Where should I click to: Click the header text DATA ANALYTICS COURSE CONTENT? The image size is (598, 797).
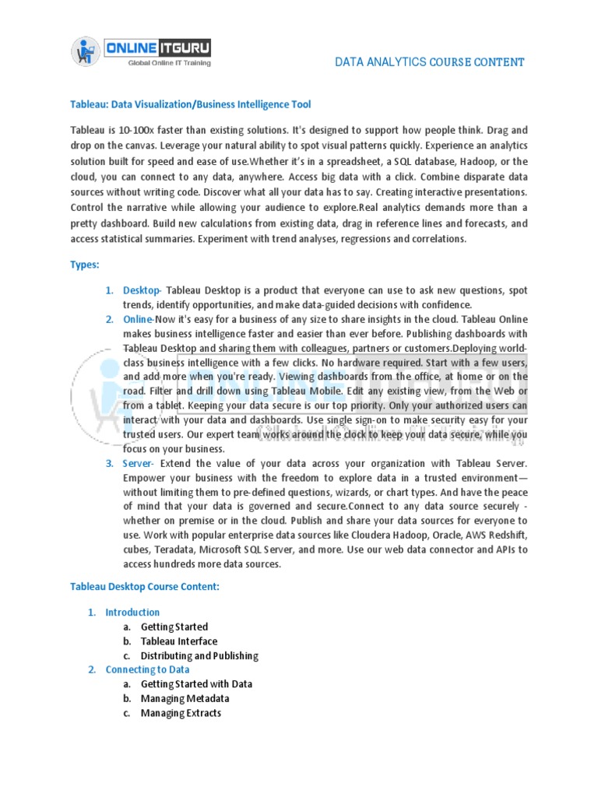(x=429, y=62)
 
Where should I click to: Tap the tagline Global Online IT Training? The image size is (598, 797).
(x=169, y=63)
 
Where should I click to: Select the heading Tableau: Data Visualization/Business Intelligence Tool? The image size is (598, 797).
(x=191, y=104)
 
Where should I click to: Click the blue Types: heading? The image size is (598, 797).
(x=85, y=265)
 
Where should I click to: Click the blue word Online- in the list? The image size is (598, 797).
(x=139, y=319)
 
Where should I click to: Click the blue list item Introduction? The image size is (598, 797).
(x=132, y=613)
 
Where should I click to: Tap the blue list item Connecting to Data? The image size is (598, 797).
(x=147, y=669)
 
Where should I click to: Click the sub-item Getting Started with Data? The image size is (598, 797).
(x=196, y=684)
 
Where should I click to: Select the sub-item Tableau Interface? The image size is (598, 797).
(x=179, y=641)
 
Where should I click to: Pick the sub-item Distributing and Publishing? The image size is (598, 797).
(x=199, y=656)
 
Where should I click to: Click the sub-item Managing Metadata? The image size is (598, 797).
(x=185, y=699)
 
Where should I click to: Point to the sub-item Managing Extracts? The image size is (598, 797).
(x=181, y=713)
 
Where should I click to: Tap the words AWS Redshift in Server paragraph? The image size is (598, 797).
(x=498, y=535)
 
